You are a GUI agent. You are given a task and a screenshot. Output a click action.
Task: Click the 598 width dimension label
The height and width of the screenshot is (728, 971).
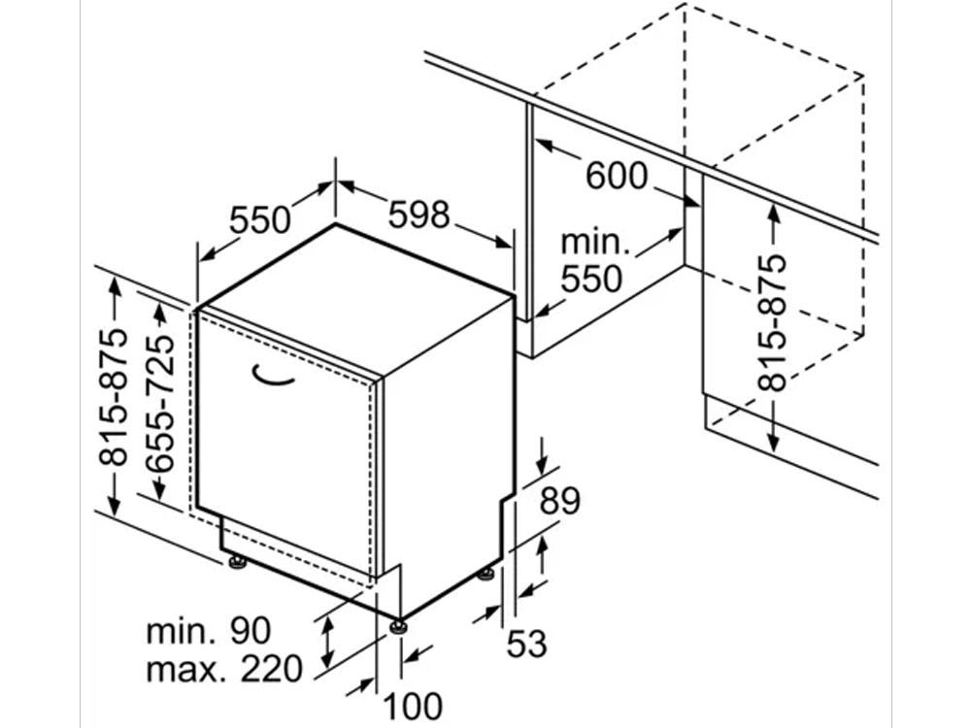pos(419,215)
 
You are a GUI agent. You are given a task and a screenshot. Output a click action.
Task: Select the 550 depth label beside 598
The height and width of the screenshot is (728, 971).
pos(260,219)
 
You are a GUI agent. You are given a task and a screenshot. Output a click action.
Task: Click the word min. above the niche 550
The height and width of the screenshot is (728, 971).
pos(594,242)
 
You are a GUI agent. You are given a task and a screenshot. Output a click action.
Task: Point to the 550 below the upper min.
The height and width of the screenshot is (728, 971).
pos(590,279)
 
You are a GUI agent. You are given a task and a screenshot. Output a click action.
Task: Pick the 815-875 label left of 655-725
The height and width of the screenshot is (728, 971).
pos(114,397)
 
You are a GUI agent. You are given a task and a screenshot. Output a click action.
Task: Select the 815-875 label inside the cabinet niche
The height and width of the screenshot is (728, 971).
pos(771,322)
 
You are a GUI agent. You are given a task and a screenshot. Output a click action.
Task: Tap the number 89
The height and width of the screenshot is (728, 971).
pos(560,501)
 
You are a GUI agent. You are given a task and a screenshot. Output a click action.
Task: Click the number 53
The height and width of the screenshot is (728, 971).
pos(527,644)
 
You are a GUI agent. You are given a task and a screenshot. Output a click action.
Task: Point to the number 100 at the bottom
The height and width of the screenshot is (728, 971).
pos(413,707)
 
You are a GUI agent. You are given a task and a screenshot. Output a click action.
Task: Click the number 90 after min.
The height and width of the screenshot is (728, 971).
pos(251,631)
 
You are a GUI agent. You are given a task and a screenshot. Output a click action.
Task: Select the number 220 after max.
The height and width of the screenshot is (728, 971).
pos(271,669)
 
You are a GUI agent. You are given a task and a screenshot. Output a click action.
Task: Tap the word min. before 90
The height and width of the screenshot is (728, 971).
pos(181,632)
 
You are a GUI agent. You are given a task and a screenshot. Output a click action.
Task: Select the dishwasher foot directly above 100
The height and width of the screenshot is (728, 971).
pos(398,627)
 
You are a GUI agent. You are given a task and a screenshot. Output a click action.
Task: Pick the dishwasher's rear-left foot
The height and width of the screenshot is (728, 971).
pos(237,561)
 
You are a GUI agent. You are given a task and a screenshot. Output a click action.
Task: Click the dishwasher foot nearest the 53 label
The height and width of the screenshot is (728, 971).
pos(486,574)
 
